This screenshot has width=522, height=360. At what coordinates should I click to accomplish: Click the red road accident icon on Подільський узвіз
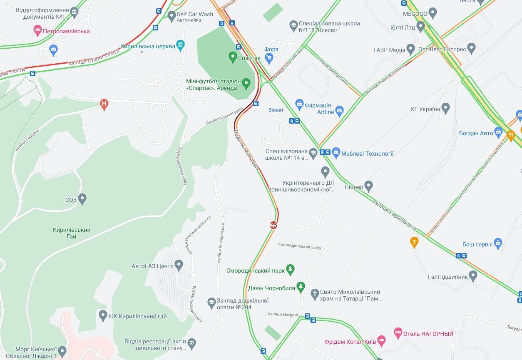pos(273,225)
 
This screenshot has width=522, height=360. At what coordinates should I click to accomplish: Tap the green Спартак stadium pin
pos(233,57)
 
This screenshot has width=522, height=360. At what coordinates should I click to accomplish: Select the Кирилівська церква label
pos(148,47)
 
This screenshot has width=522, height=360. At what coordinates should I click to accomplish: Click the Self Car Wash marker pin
pos(172,16)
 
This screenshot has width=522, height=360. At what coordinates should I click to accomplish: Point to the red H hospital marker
pos(104,104)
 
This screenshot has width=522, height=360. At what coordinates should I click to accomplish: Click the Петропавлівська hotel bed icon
pos(37,30)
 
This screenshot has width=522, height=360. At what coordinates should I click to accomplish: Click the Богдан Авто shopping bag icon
pos(499,133)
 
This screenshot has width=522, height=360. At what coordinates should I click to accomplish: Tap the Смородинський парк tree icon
pos(290,270)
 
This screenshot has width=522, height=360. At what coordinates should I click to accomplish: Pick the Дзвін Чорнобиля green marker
pos(301,287)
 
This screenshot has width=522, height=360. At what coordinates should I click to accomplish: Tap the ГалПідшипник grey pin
pos(472,276)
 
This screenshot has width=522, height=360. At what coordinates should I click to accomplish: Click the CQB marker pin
pos(82,199)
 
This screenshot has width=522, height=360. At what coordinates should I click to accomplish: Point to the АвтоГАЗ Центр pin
pos(179,265)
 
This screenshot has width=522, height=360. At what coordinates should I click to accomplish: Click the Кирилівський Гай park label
pos(72,233)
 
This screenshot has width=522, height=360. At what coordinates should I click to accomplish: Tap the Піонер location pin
pos(368,186)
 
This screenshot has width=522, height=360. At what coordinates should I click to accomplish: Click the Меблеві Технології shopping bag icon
pos(336,153)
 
